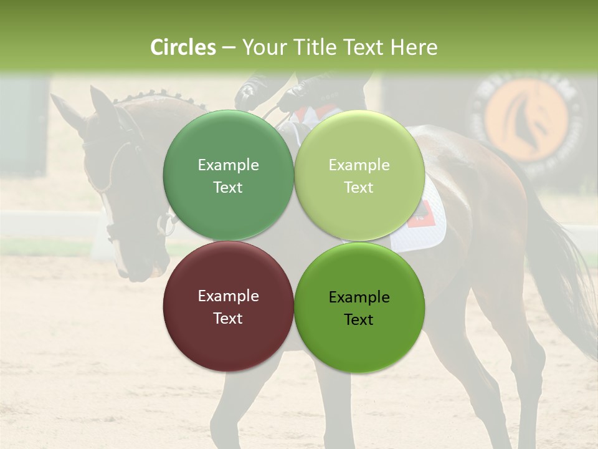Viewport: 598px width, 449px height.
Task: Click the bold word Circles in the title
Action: point(183,47)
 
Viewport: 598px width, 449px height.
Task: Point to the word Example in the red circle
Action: point(228,296)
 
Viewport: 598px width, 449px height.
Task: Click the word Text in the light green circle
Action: point(359,188)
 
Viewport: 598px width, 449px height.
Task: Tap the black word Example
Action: point(359,297)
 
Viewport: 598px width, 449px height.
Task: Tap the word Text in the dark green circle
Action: point(228,188)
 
